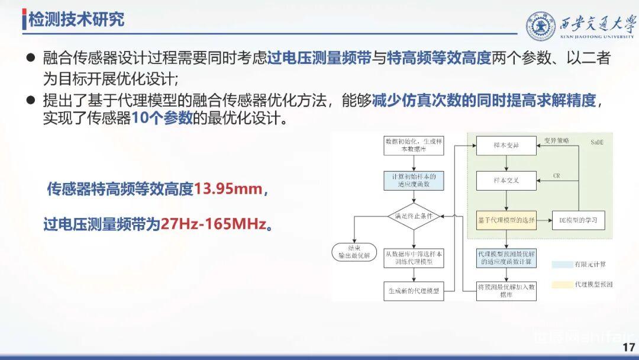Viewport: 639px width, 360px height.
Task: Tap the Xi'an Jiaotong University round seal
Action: (x=541, y=25)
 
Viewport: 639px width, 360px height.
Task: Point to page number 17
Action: (x=628, y=348)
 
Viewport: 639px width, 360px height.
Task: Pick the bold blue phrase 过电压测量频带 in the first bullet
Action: (x=319, y=58)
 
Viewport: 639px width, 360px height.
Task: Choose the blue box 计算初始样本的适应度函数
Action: (x=414, y=181)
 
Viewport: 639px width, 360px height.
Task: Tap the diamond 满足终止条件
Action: (x=414, y=216)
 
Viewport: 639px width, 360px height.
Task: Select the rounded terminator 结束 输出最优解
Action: (x=354, y=251)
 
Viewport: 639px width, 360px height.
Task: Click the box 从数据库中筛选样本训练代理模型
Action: (x=414, y=257)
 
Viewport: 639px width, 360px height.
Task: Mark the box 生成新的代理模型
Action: (x=414, y=291)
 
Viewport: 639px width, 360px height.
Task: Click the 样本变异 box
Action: (x=506, y=146)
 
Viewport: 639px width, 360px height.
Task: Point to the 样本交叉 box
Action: (x=506, y=181)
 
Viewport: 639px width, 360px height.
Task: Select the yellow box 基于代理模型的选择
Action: (x=506, y=220)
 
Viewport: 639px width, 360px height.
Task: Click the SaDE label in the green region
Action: (x=599, y=143)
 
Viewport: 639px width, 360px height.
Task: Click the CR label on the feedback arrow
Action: (x=556, y=176)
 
